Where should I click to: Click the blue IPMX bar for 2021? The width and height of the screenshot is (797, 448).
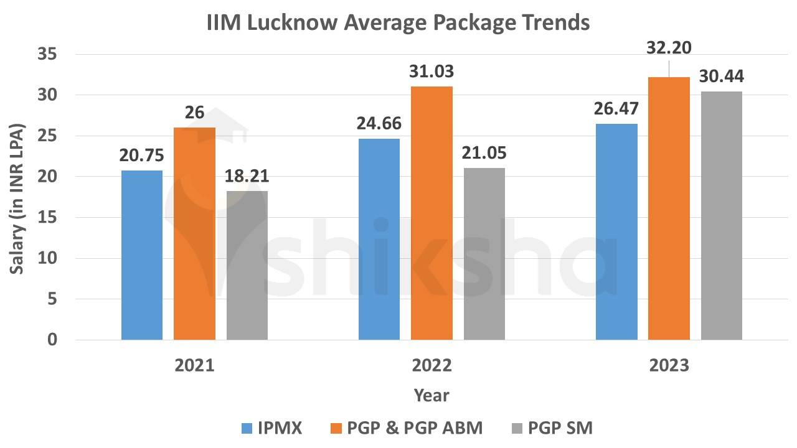click(x=142, y=255)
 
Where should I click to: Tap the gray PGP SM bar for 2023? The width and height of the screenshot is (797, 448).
click(x=721, y=215)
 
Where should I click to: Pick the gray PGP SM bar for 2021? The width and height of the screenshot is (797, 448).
click(x=247, y=265)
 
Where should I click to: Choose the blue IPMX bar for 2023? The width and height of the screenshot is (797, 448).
click(x=616, y=231)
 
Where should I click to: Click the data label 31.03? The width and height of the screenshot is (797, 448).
click(x=432, y=72)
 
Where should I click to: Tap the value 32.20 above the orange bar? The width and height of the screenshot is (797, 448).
click(x=669, y=48)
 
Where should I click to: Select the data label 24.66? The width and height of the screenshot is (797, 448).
click(x=379, y=123)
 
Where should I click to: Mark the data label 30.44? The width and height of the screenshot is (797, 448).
click(x=721, y=77)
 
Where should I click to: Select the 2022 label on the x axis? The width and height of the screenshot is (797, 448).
click(x=432, y=365)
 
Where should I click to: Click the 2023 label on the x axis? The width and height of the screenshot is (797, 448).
click(x=669, y=365)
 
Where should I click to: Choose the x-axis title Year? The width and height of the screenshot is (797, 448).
click(x=432, y=395)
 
